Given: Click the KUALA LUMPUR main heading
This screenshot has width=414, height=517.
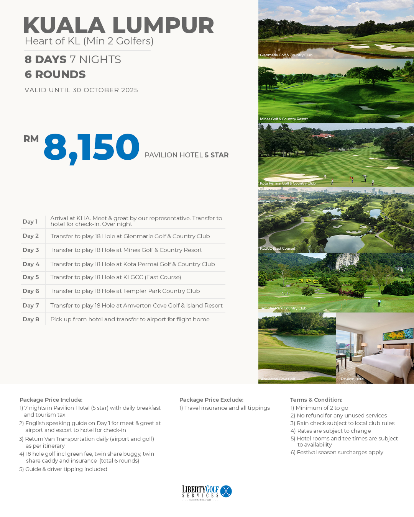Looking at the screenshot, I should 118,25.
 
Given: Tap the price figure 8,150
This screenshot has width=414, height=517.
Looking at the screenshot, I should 92,147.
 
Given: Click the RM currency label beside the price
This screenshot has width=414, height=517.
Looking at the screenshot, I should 31,139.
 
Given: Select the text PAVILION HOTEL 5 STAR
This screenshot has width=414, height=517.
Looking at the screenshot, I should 186,155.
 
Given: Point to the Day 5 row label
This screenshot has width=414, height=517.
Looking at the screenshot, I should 31,277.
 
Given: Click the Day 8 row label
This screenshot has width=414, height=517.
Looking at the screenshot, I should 31,319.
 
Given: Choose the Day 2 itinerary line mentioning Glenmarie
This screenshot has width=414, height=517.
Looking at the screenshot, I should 130,236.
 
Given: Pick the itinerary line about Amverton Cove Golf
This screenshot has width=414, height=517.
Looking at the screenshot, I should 136,306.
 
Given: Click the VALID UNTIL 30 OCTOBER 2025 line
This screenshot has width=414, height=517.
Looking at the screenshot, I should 81,90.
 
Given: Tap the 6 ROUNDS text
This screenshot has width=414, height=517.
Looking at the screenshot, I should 55,74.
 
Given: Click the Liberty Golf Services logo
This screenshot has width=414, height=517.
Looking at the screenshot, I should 207,492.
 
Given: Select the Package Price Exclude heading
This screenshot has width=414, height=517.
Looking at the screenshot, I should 211,400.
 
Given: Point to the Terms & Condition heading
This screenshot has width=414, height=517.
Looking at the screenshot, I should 316,400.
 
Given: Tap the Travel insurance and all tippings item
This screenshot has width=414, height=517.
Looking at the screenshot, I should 225,408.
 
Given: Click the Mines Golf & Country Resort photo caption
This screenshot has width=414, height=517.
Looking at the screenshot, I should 284,119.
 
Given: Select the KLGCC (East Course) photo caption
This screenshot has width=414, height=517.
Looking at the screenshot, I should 278,249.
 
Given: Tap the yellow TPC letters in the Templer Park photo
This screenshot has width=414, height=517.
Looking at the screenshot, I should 309,281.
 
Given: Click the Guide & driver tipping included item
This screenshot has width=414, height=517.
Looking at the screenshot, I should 63,469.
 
